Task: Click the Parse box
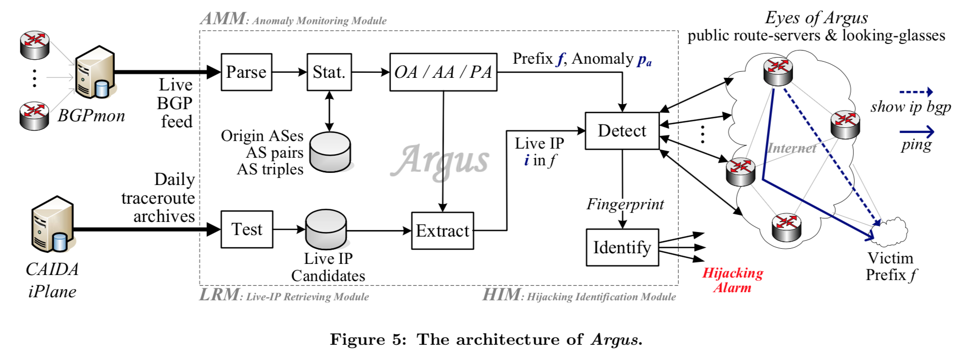[x=246, y=72]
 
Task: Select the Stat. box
[x=329, y=72]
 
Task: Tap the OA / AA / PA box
[x=443, y=72]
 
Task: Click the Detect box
[x=622, y=131]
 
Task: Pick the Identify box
[x=622, y=247]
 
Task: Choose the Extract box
[x=443, y=231]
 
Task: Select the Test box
[x=247, y=230]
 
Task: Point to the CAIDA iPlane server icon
[x=53, y=225]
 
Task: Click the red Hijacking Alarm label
[x=732, y=280]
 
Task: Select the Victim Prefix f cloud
[x=893, y=231]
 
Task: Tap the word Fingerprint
[x=625, y=204]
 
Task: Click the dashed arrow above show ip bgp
[x=915, y=92]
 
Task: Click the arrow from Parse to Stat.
[x=289, y=72]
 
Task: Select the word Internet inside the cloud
[x=792, y=148]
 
